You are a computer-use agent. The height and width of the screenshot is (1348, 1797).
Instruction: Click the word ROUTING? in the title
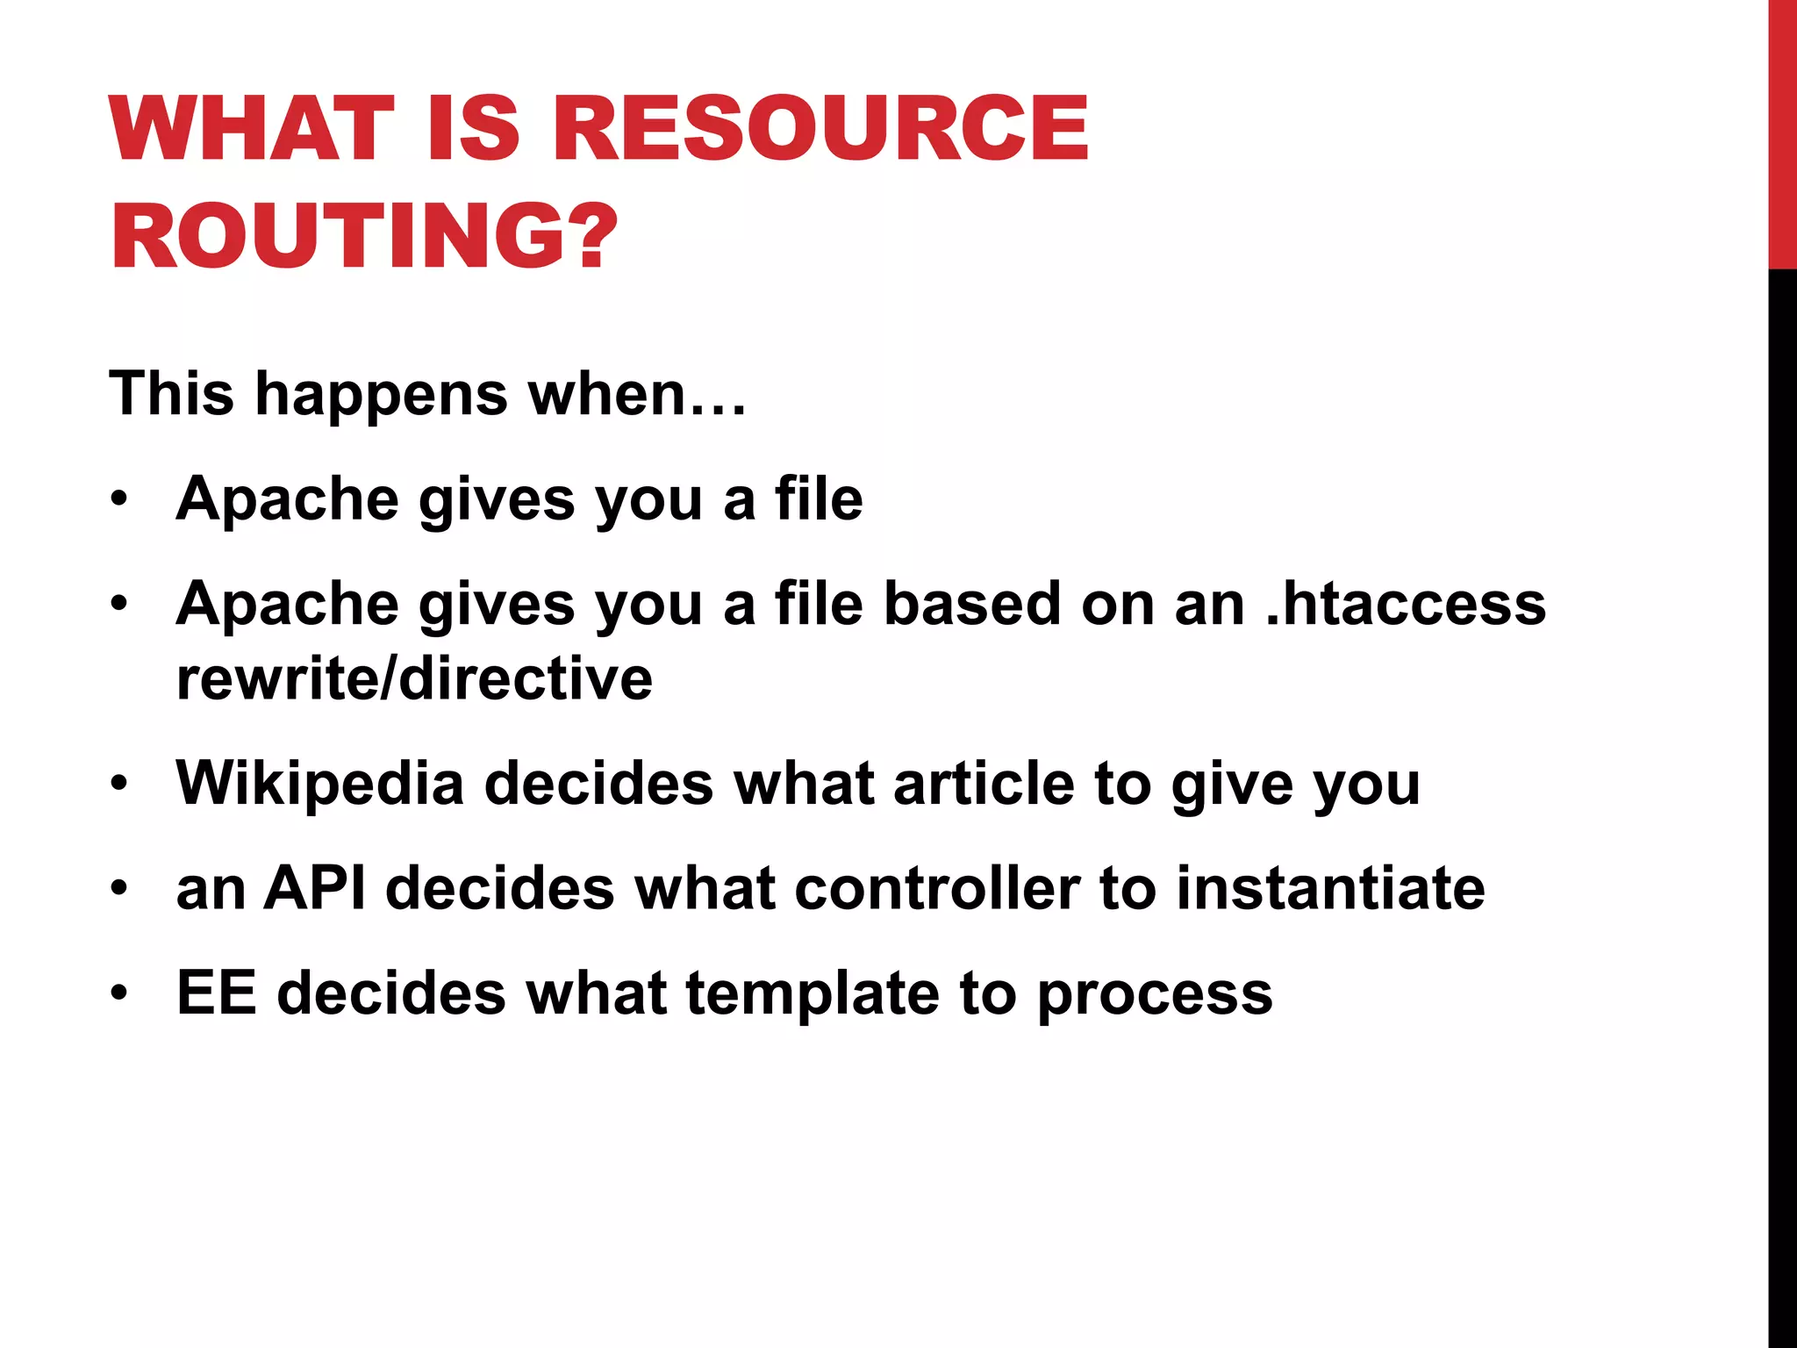coord(364,235)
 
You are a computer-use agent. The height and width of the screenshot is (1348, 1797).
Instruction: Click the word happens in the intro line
coord(381,395)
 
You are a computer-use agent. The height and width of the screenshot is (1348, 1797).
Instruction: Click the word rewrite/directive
coord(414,678)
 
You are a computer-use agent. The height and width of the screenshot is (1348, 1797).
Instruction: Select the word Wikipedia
coord(319,783)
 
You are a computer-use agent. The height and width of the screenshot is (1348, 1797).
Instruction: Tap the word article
coord(983,783)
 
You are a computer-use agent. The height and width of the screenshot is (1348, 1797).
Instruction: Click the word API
coord(315,888)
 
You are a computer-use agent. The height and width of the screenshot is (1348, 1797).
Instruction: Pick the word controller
coord(936,888)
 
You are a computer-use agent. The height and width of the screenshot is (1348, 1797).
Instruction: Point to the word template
coord(812,995)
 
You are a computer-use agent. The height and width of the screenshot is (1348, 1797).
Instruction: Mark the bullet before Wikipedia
coord(119,783)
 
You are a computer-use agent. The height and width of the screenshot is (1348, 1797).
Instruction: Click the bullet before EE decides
coord(119,993)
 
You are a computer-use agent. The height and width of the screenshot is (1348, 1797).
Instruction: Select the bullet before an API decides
coord(119,888)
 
